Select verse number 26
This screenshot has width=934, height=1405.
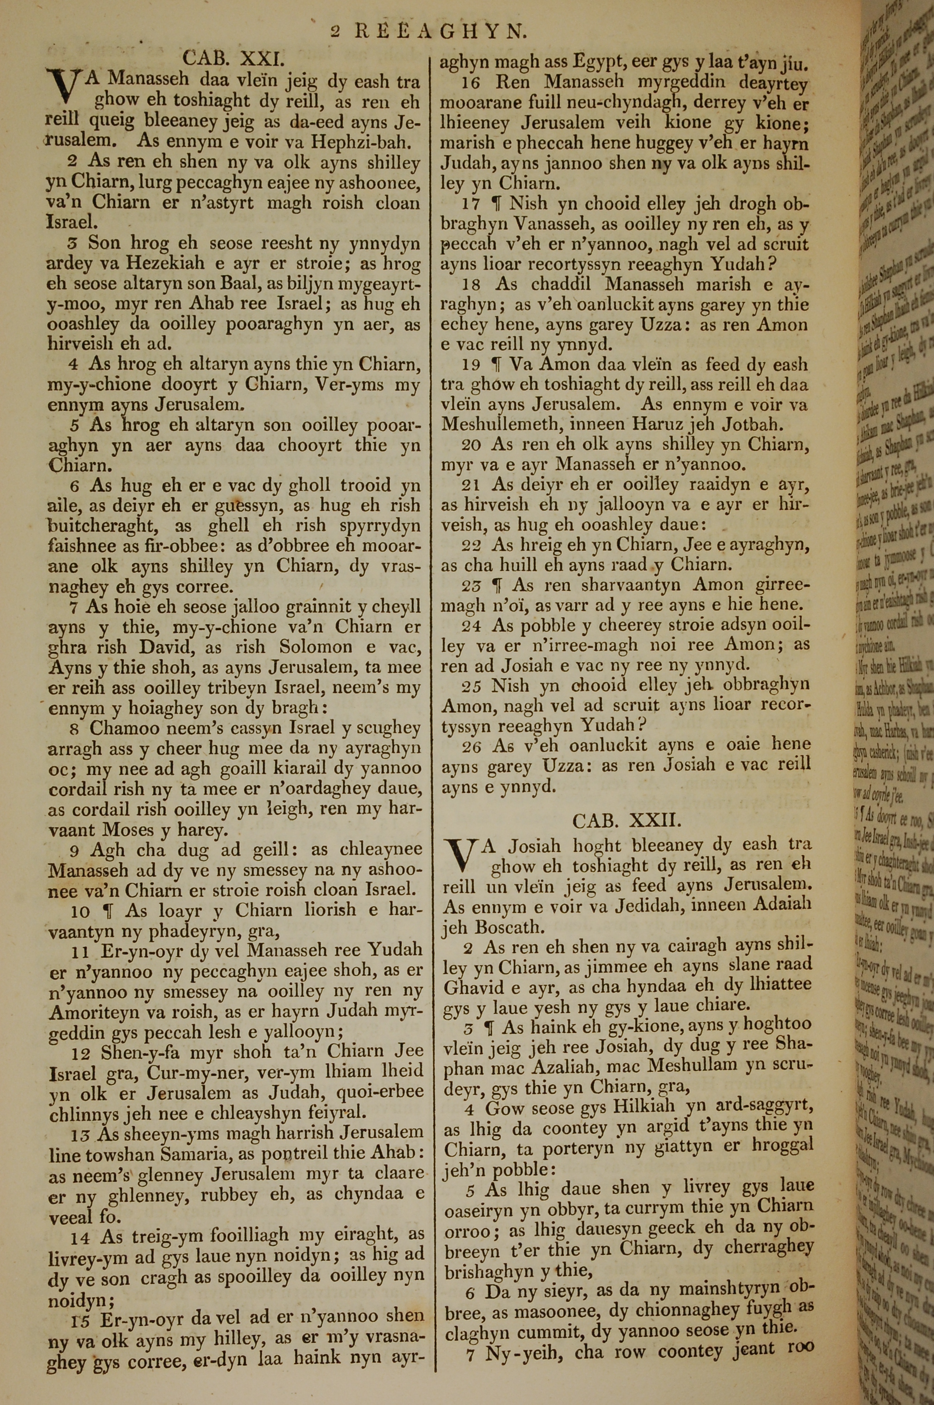pyautogui.click(x=471, y=745)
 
